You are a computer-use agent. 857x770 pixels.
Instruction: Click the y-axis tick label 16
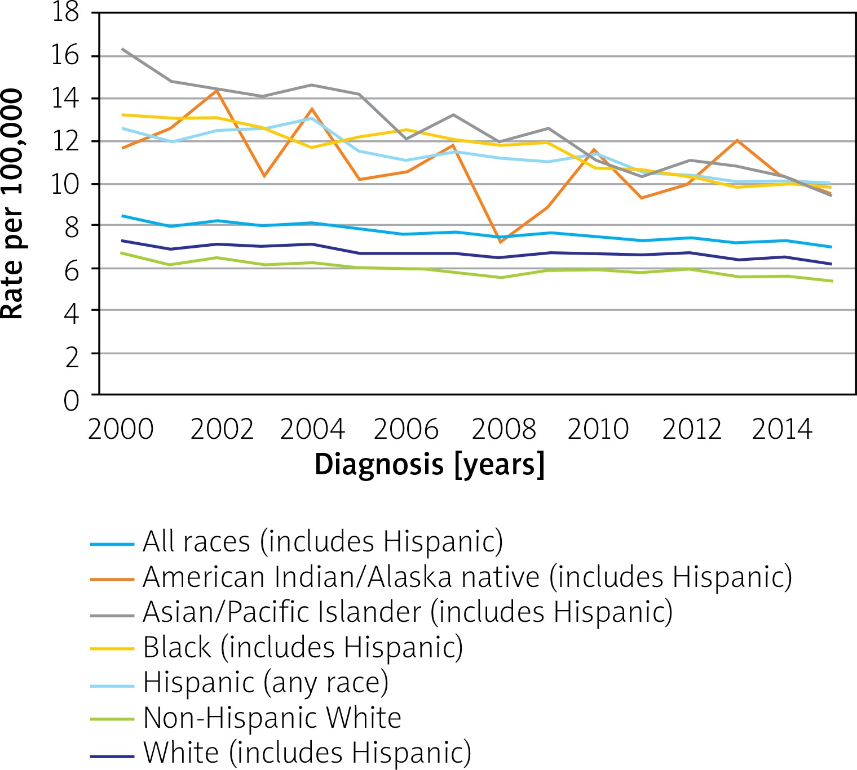pos(65,56)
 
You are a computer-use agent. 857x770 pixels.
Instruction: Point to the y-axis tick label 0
pos(72,401)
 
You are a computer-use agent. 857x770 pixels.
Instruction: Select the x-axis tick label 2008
pos(503,429)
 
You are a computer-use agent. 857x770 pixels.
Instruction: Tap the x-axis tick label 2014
pos(782,429)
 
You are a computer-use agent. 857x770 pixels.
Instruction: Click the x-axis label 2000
pos(121,429)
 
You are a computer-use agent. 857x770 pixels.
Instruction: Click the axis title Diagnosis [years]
pos(430,465)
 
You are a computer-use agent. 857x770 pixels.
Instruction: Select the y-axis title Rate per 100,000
pos(12,204)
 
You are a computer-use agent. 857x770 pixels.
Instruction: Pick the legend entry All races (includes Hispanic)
pos(323,542)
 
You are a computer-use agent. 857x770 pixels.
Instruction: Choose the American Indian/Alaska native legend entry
pos(467,577)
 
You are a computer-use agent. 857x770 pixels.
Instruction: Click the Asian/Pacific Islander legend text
pos(408,612)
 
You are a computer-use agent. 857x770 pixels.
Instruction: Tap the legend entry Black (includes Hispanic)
pos(303,647)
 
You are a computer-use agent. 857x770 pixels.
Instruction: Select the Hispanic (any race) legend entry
pos(266,683)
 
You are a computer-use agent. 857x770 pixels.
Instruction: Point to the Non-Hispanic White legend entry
pos(272,718)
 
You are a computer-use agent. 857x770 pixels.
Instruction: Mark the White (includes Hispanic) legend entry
pos(307,753)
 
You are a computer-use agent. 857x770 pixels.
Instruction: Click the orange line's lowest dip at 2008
pos(500,242)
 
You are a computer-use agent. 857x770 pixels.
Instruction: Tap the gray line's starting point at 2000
pos(123,49)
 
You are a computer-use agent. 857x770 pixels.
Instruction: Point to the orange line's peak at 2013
pos(737,140)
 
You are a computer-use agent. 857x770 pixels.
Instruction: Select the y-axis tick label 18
pos(65,12)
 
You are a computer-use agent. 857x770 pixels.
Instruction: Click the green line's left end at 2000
pos(123,253)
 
